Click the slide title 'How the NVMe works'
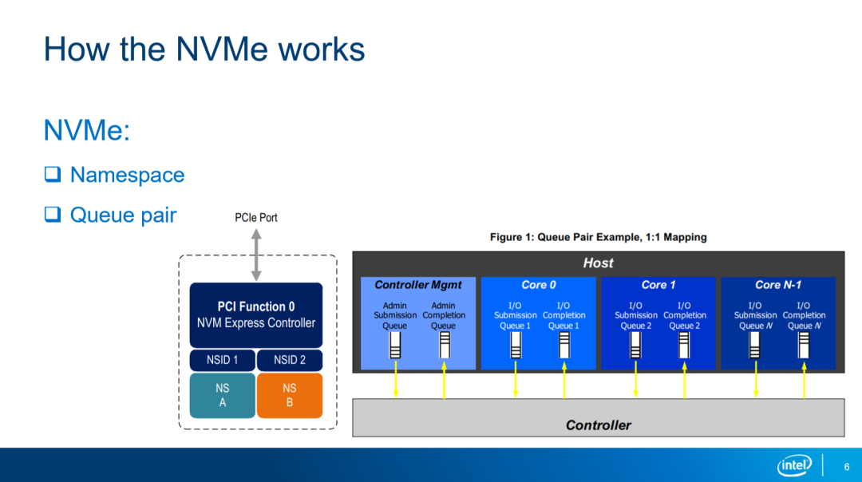click(x=204, y=49)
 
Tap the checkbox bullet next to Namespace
click(x=53, y=175)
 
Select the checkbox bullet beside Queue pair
click(x=53, y=215)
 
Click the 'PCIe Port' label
click(x=256, y=217)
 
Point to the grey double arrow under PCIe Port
click(x=256, y=255)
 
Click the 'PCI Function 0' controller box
click(x=256, y=314)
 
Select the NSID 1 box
click(x=222, y=360)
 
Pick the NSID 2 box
click(x=290, y=360)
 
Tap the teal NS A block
click(x=222, y=395)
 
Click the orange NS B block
click(x=290, y=395)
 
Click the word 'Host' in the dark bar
click(x=598, y=263)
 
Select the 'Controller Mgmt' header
click(x=418, y=285)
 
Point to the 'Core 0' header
click(x=539, y=285)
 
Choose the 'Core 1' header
click(x=658, y=285)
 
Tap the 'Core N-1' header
click(x=778, y=285)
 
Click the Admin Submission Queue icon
click(x=395, y=345)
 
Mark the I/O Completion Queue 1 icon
click(x=564, y=345)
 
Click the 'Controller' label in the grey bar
click(x=598, y=425)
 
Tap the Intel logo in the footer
click(x=794, y=465)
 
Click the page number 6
click(x=846, y=466)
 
